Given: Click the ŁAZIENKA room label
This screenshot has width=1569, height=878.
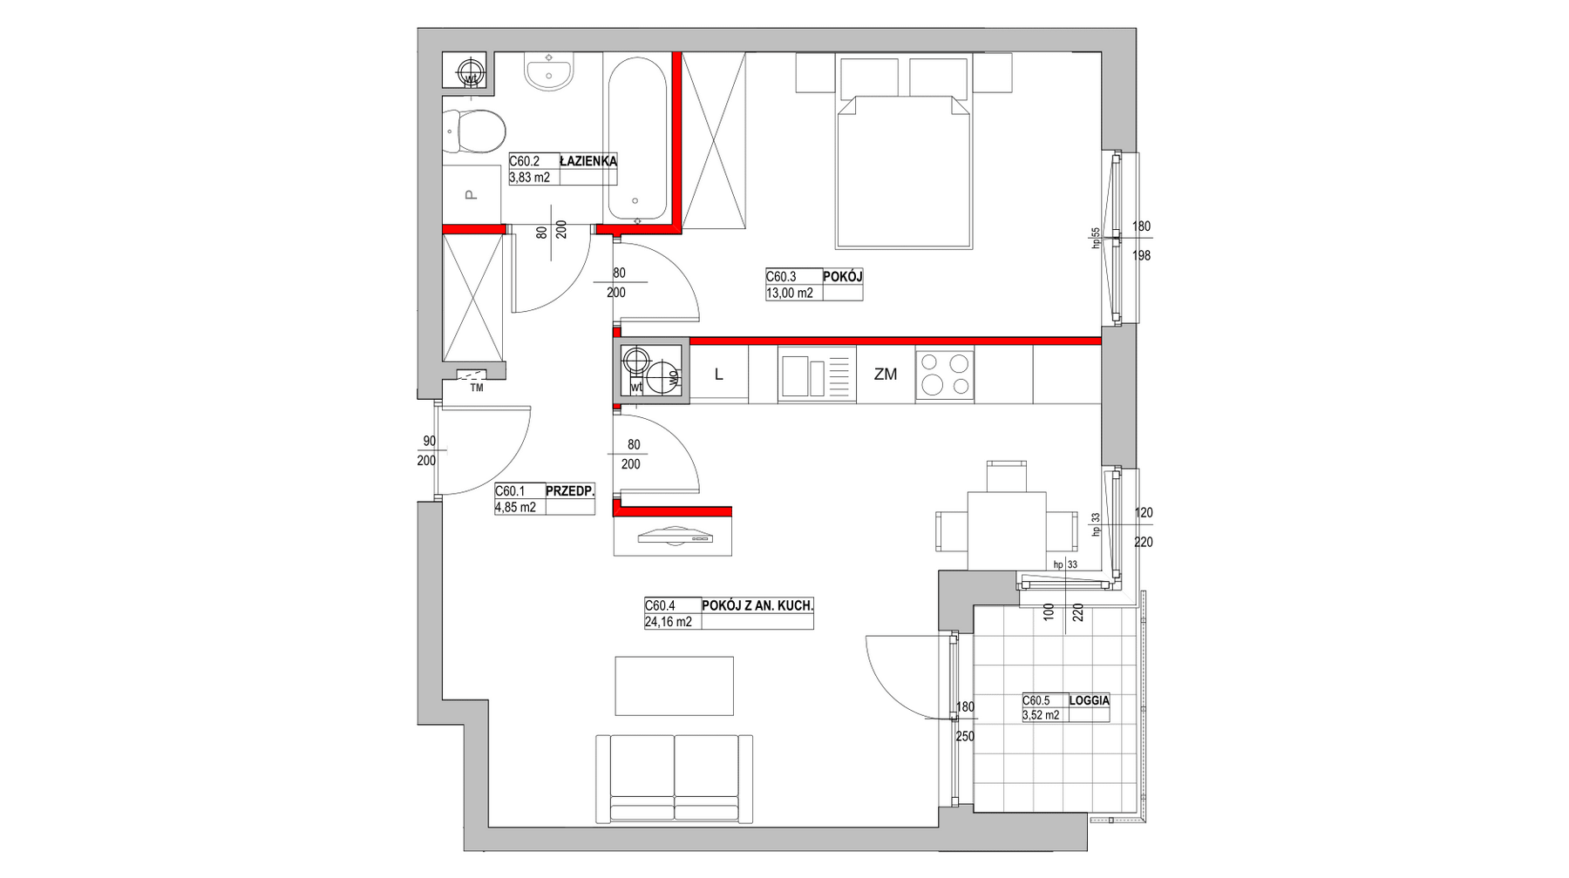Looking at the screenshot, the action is tap(588, 161).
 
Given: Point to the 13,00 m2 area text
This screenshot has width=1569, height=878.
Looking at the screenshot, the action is tap(790, 294).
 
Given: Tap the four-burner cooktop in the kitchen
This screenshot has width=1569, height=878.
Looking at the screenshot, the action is tap(945, 374).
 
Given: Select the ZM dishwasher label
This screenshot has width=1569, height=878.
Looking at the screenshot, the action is tap(886, 375).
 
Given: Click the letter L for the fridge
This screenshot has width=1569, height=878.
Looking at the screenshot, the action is tap(719, 375).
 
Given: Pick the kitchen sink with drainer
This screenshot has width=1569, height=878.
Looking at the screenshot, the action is tap(818, 375).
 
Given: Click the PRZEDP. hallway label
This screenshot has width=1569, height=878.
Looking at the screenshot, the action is tap(570, 490).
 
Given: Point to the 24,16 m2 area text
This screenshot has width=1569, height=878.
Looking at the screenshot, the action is tap(669, 622).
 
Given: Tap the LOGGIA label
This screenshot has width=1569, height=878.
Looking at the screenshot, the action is tap(1090, 700).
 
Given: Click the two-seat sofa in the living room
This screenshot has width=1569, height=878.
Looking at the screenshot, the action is tap(674, 779).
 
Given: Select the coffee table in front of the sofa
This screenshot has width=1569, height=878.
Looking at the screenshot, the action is tap(675, 686).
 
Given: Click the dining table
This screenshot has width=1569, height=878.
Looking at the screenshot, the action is tap(1006, 530).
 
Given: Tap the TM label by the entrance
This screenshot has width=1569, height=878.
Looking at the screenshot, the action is tap(477, 388).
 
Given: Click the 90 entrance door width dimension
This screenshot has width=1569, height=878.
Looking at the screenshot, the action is tap(429, 442).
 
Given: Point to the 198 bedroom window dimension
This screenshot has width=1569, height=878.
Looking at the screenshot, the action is tap(1142, 256).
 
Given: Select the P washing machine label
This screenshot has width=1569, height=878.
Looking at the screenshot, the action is tap(472, 195).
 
